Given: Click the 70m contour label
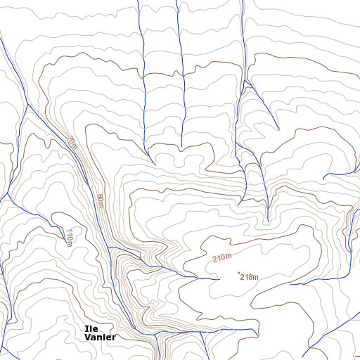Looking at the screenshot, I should [72, 143].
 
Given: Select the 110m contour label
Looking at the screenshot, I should [69, 236].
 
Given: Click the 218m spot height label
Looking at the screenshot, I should [250, 277].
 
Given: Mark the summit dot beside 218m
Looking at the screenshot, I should [239, 273].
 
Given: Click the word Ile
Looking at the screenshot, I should [91, 328].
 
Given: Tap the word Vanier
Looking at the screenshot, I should [99, 337].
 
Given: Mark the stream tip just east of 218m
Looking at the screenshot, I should [290, 284].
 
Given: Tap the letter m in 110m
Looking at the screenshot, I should [70, 243].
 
